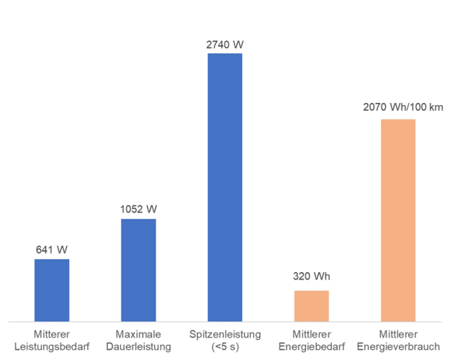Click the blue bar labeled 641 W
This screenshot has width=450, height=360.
tap(52, 289)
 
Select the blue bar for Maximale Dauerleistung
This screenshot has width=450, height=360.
tap(138, 269)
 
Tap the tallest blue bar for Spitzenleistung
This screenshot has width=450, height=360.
tap(225, 186)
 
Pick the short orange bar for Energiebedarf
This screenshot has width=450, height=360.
tap(311, 305)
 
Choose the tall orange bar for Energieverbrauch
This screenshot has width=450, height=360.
tap(398, 220)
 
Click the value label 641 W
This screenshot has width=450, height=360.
tap(52, 250)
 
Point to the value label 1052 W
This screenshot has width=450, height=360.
tap(138, 210)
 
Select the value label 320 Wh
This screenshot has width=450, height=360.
tap(311, 276)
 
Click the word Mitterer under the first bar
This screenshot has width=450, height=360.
tap(52, 335)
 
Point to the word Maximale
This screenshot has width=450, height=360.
tap(138, 335)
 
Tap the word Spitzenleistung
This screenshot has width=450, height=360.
tap(225, 335)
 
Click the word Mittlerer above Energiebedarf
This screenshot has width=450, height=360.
tap(311, 335)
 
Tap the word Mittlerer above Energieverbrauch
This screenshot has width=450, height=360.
tap(398, 335)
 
